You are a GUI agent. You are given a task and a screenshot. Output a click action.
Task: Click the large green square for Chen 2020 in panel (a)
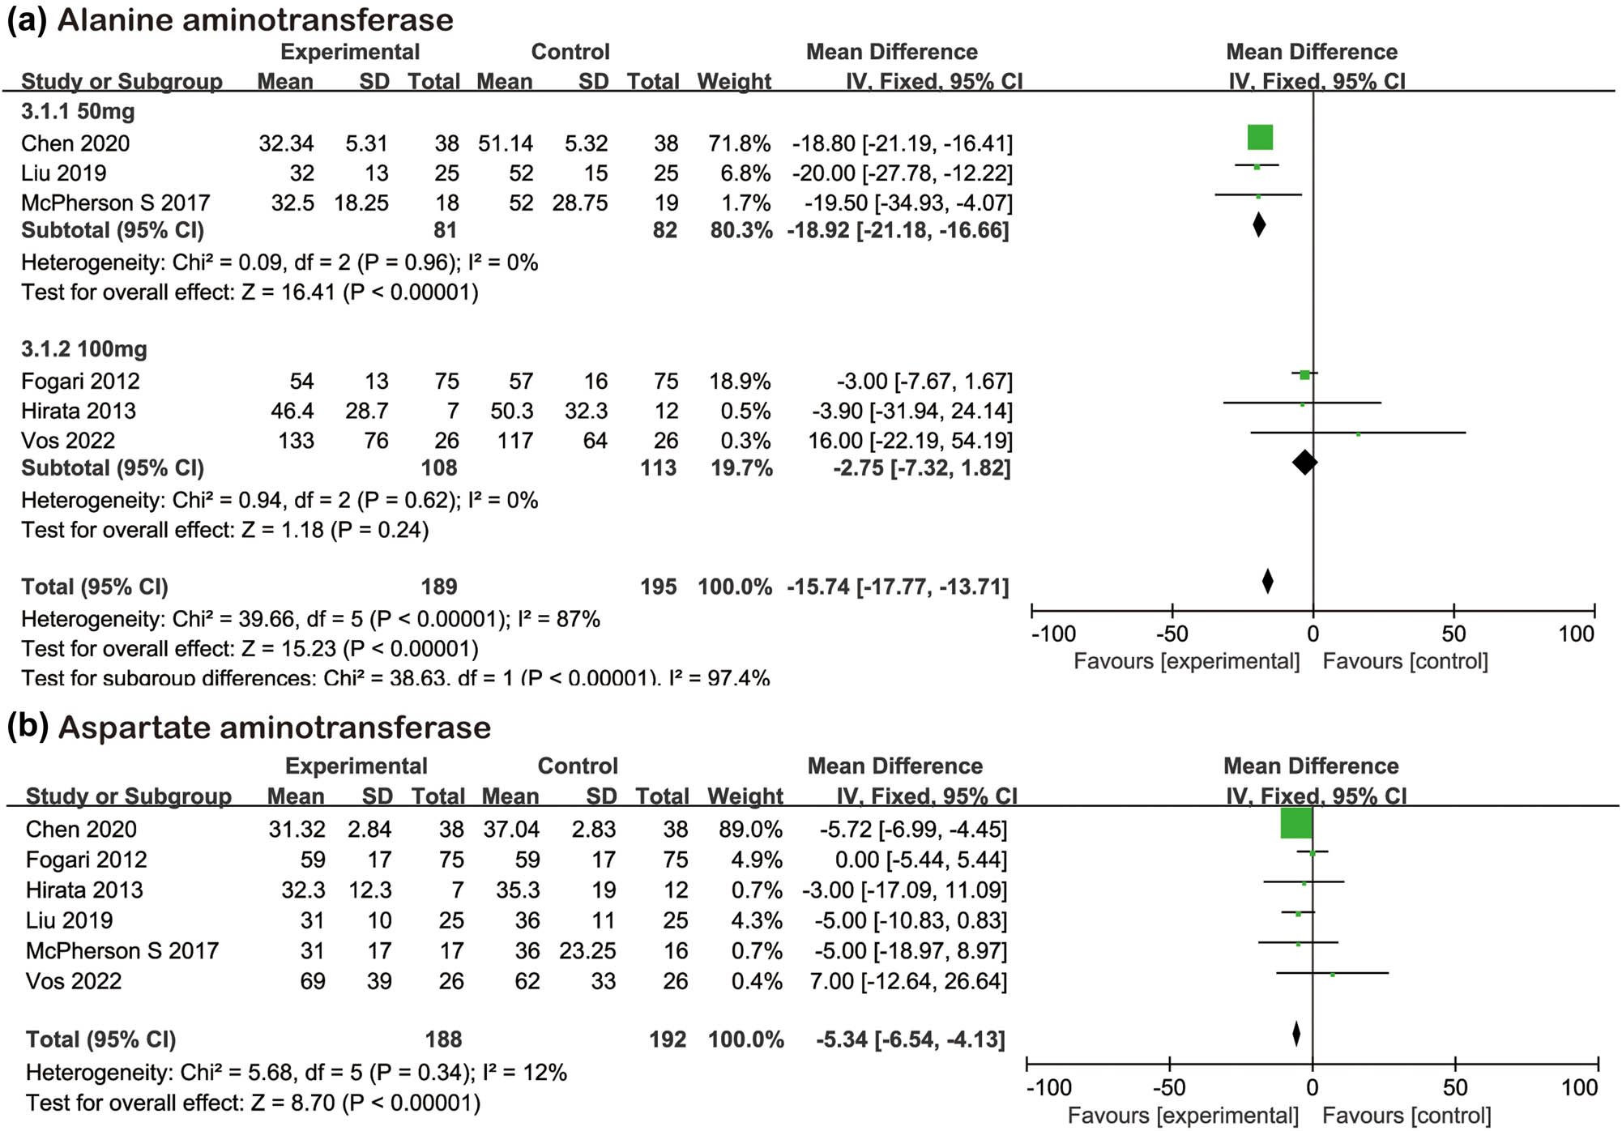(x=1260, y=138)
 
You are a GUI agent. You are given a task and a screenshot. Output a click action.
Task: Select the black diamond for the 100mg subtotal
(x=1304, y=463)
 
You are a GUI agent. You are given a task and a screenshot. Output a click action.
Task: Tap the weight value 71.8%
(x=739, y=143)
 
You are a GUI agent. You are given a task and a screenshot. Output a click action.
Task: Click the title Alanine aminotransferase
(x=255, y=19)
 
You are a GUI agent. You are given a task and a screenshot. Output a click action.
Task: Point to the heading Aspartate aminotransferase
(x=274, y=727)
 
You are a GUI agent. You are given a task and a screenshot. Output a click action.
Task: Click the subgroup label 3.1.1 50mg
(x=78, y=111)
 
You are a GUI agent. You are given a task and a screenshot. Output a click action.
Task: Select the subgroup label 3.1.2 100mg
(x=84, y=349)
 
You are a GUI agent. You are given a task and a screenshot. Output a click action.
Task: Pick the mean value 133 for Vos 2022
(x=296, y=441)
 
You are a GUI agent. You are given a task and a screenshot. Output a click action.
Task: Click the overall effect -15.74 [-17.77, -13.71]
(x=898, y=587)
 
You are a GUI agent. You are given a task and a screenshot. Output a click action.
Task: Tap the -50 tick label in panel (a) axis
(x=1172, y=634)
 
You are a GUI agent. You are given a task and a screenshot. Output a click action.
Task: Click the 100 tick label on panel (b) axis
(x=1579, y=1087)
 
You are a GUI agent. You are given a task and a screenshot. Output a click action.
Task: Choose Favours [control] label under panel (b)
(x=1406, y=1116)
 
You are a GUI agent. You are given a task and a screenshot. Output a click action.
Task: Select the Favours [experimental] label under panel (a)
(x=1186, y=661)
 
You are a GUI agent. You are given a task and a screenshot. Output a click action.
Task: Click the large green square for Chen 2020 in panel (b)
(x=1296, y=823)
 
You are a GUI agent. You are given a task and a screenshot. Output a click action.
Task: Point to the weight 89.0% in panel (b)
(x=750, y=830)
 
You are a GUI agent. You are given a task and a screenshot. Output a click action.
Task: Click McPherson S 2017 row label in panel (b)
(x=122, y=950)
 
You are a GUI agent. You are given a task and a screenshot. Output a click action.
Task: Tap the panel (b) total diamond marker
(x=1296, y=1034)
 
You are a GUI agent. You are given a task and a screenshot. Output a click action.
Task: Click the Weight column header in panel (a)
(x=734, y=81)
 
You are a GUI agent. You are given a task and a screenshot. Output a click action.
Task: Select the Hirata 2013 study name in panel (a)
(x=79, y=411)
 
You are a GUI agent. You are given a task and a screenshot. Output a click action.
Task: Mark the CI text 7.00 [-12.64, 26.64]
(x=908, y=981)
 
